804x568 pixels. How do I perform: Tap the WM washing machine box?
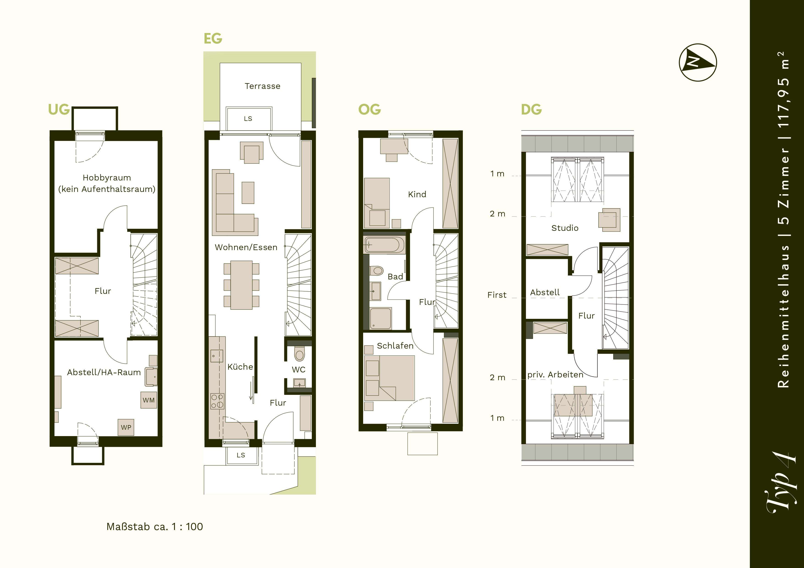tap(149, 400)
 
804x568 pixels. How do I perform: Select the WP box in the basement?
tap(126, 427)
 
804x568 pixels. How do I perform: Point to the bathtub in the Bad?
tap(384, 245)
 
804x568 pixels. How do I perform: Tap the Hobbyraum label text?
tap(107, 178)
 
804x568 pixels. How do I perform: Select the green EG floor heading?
tap(213, 38)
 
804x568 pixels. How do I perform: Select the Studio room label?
tap(565, 228)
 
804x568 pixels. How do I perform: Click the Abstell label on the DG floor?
tap(545, 292)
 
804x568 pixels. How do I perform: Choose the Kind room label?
tap(417, 194)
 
